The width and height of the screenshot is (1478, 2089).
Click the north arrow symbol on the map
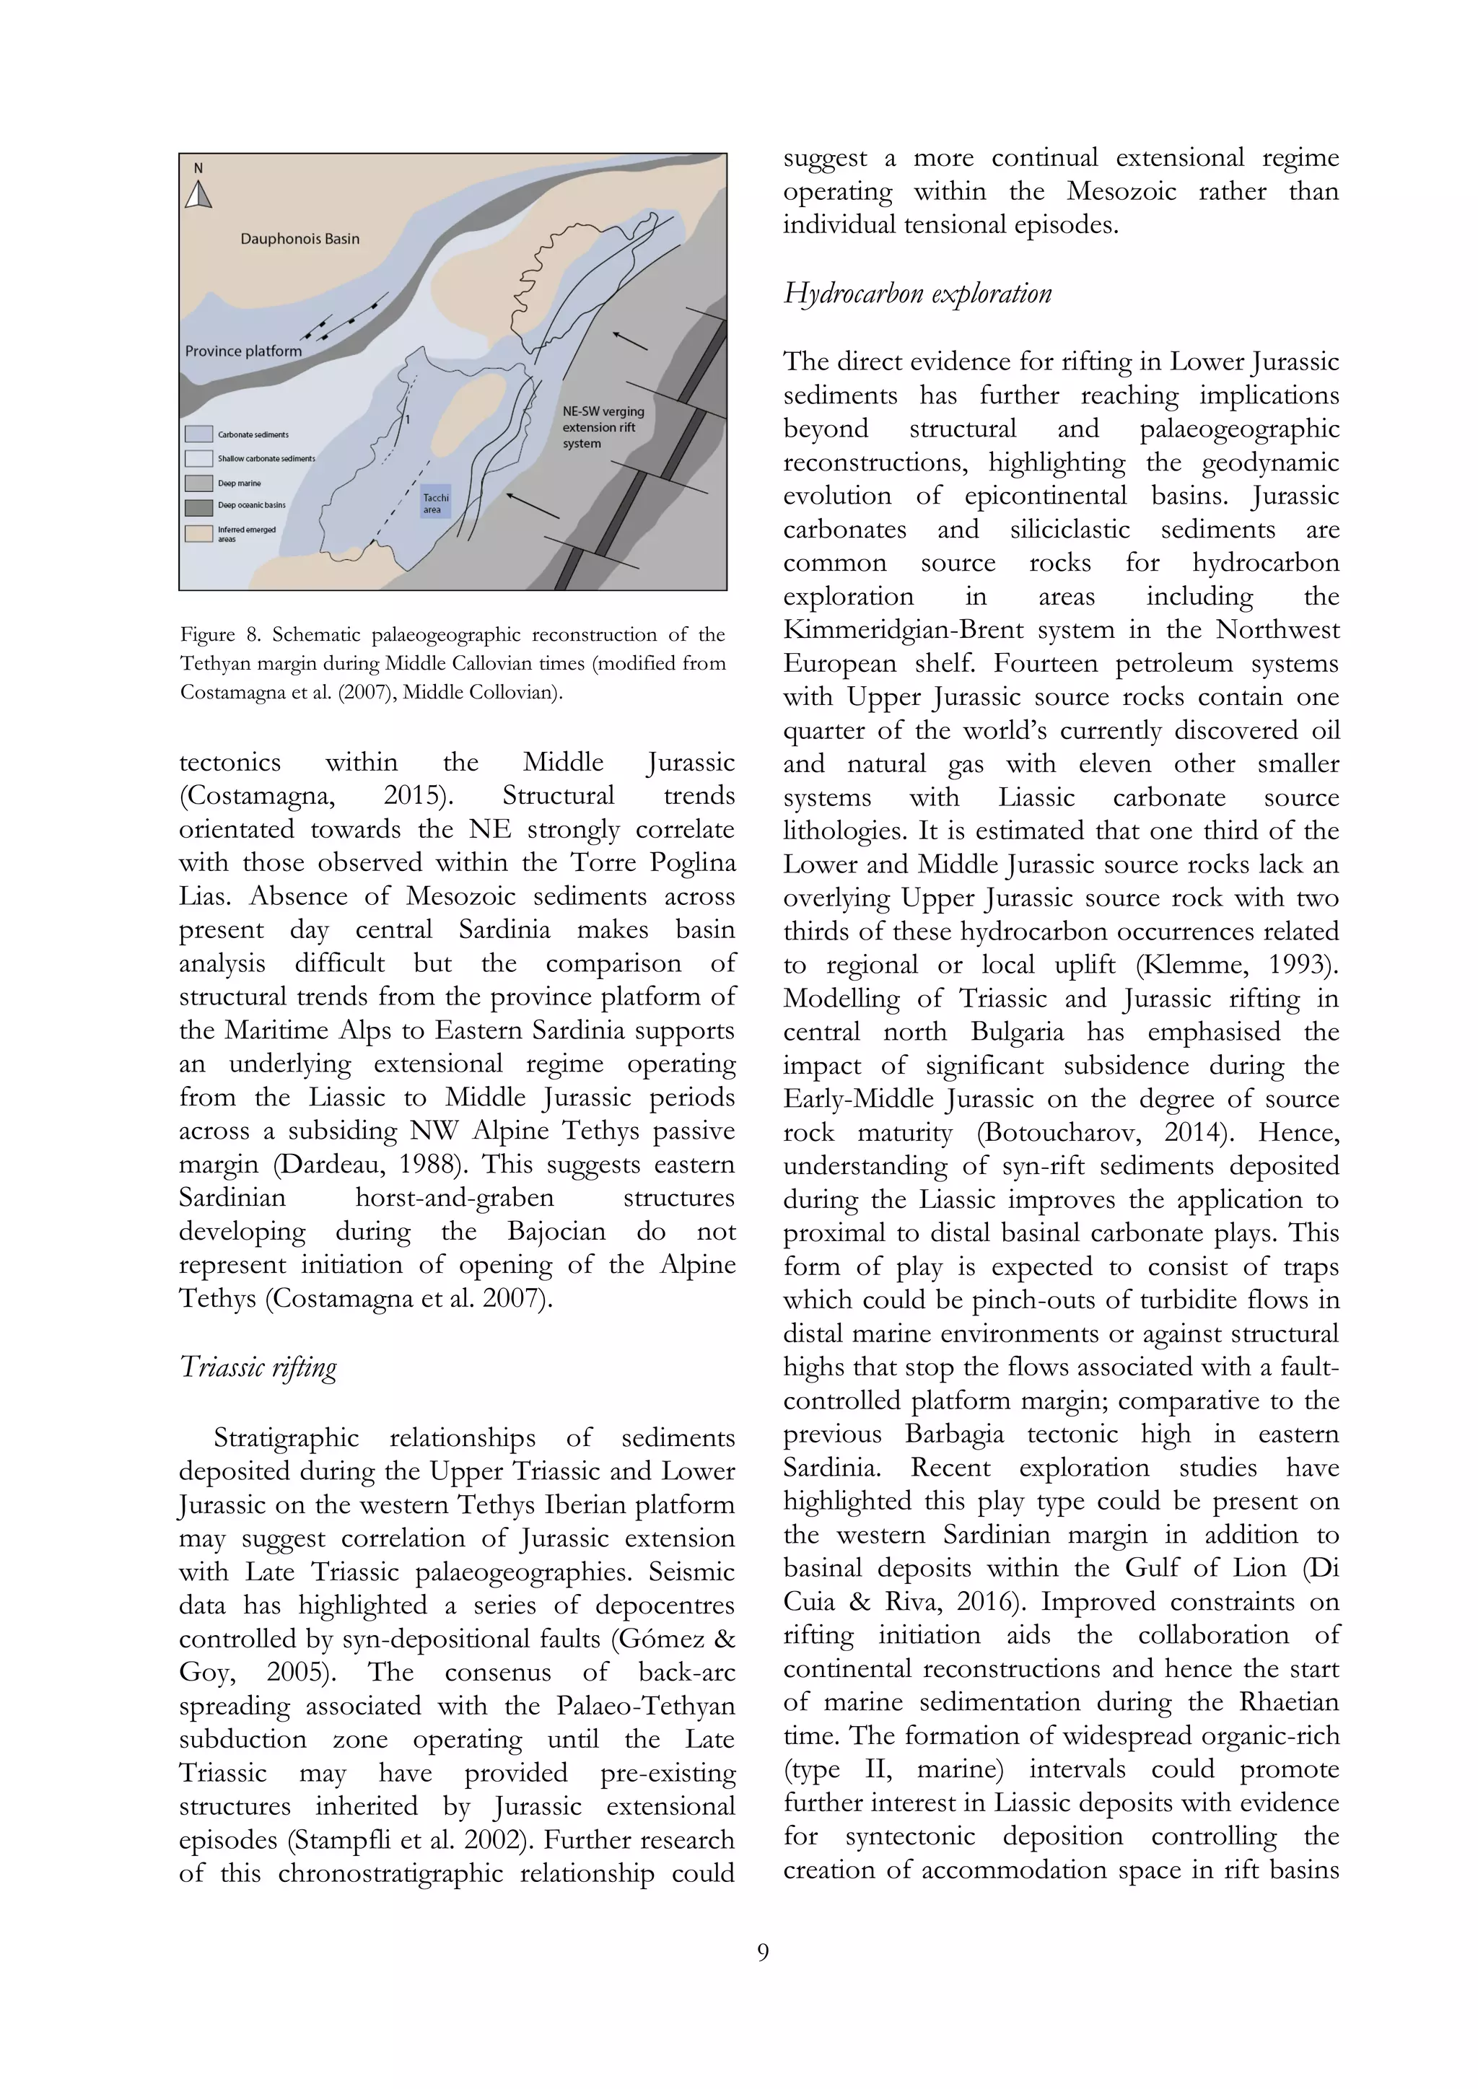[x=198, y=194]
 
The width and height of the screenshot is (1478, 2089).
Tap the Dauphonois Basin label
[x=299, y=238]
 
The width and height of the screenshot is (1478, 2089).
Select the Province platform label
[x=243, y=351]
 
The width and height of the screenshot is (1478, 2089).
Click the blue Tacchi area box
[x=436, y=502]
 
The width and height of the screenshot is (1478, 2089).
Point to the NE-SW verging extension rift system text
[x=603, y=428]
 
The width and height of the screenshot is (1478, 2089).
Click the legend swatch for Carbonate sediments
[x=198, y=434]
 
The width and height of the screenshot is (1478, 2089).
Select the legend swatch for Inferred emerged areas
[x=198, y=533]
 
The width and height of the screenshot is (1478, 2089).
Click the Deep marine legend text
[x=240, y=483]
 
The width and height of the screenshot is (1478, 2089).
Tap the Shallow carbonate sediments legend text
[x=266, y=458]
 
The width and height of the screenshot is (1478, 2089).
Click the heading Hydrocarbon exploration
[x=917, y=294]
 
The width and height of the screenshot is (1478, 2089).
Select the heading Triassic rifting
[x=258, y=1367]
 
